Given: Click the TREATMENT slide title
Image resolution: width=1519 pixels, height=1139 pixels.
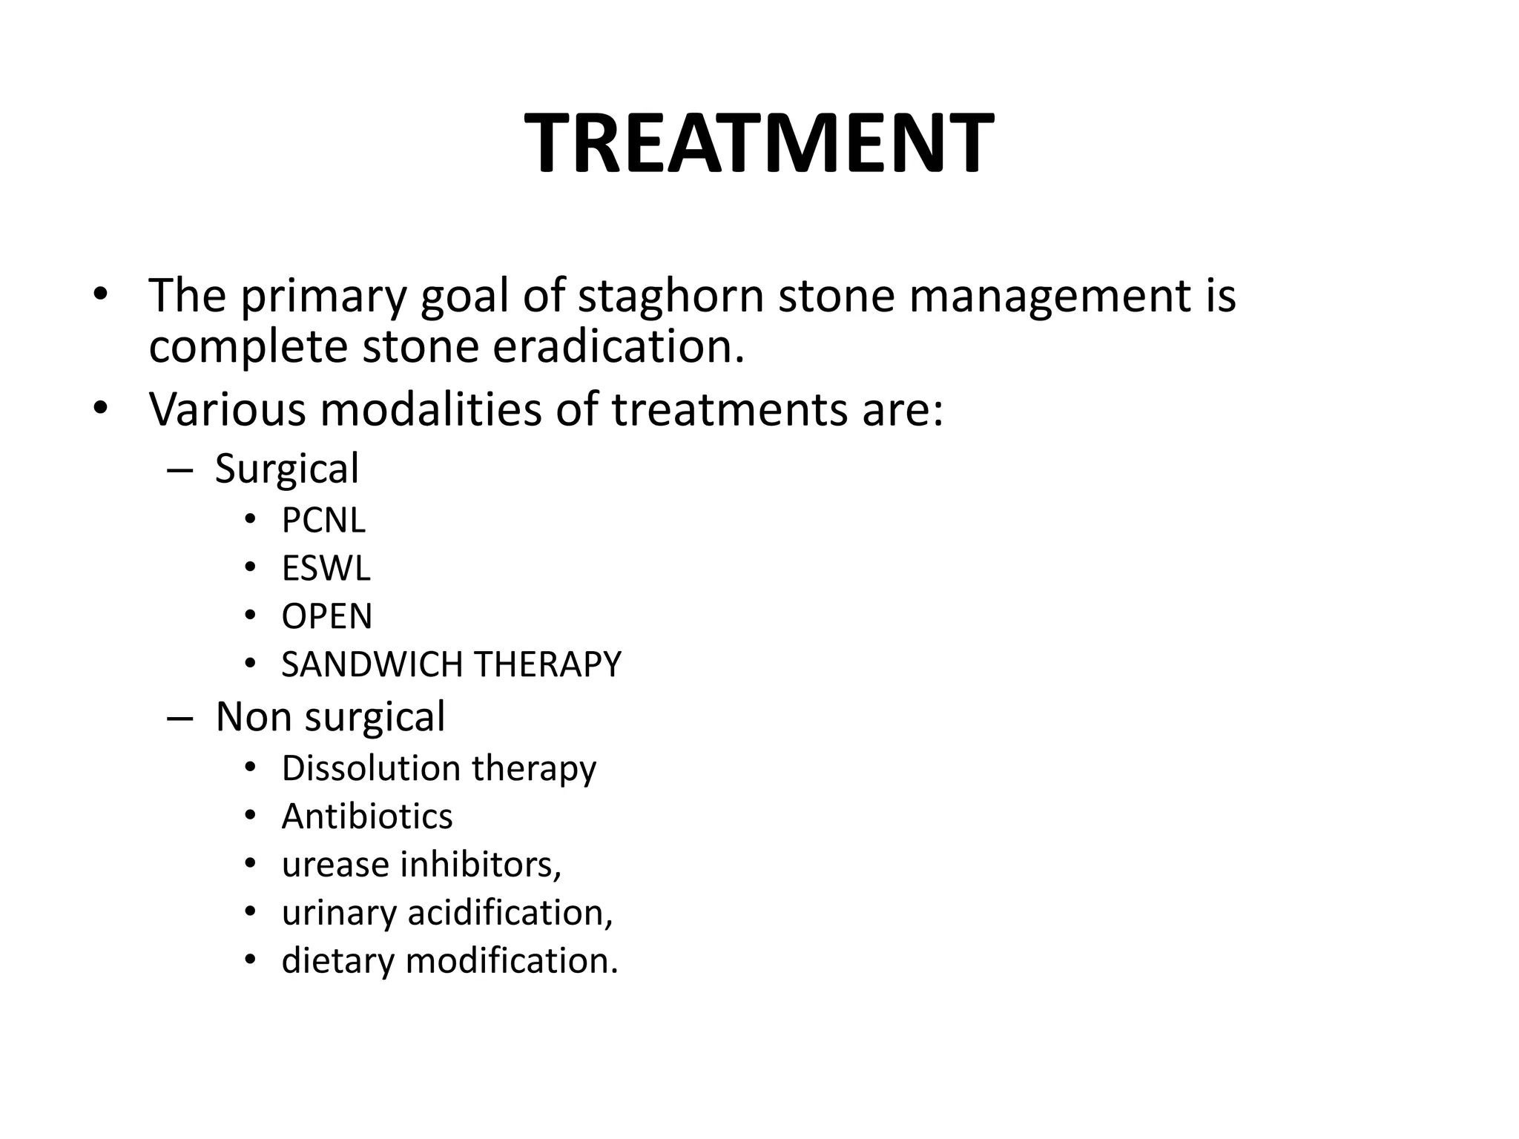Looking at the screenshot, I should [759, 144].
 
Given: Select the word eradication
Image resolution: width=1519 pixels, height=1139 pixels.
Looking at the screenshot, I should [618, 347].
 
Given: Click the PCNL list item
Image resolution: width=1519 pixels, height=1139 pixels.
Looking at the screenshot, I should [323, 521].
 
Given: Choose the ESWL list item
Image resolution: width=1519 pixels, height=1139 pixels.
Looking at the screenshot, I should [326, 569].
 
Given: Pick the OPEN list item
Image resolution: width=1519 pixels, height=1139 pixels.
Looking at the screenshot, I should [326, 617].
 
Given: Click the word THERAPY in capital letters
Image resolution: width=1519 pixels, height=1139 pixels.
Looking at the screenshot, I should [547, 664].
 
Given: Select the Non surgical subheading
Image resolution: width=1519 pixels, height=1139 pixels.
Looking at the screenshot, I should [330, 717].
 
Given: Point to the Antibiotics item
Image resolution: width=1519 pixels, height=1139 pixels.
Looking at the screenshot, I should [367, 817].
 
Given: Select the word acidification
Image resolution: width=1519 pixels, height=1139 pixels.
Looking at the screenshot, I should [510, 913].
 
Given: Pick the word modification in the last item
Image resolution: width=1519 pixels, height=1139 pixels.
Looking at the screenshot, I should [512, 961].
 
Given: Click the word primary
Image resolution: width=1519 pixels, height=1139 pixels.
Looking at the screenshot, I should [323, 296].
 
